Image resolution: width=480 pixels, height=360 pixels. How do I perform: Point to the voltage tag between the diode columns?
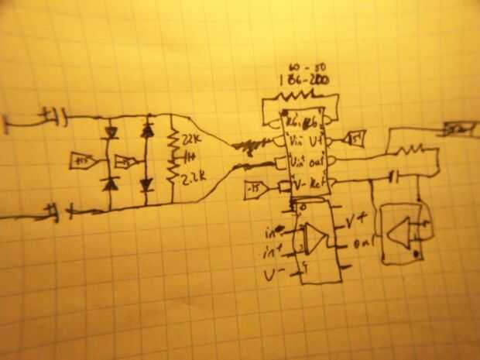coord(122,161)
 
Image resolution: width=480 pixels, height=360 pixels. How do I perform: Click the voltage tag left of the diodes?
coord(80,160)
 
